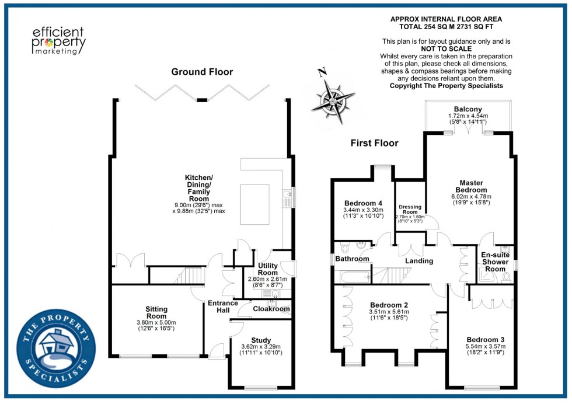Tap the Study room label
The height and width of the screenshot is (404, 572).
point(261,340)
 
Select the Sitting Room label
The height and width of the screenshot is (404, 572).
point(156,312)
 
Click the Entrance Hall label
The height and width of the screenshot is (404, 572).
point(223,307)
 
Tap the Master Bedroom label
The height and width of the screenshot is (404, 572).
point(472,186)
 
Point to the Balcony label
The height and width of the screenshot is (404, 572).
point(468,109)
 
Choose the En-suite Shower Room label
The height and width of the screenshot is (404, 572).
point(494,262)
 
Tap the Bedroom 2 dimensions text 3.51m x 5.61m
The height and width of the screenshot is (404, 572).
point(389,312)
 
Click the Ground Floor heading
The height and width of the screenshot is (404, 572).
point(202,72)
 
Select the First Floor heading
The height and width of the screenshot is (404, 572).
point(374,143)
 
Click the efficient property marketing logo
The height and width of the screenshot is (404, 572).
point(58,40)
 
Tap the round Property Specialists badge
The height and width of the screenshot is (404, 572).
point(56,346)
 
